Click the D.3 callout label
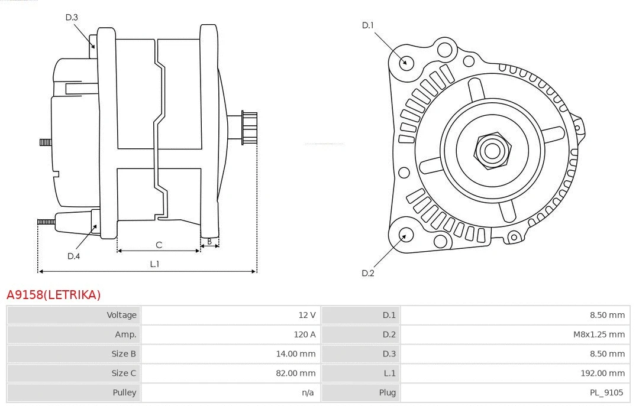[x=72, y=17]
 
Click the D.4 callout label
[x=73, y=256]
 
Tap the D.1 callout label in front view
[x=368, y=25]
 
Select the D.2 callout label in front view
[x=368, y=273]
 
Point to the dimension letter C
[x=159, y=245]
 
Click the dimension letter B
[x=209, y=241]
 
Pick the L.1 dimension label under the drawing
[x=154, y=264]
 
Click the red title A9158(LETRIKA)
[x=54, y=295]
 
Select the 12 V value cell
[x=307, y=315]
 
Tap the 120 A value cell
[x=305, y=334]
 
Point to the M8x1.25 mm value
[x=599, y=334]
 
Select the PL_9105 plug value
[x=607, y=392]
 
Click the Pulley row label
[x=124, y=392]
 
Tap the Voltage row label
[x=121, y=315]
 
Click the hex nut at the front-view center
[x=492, y=151]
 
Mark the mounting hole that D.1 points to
[x=406, y=62]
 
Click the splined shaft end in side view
[x=248, y=128]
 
